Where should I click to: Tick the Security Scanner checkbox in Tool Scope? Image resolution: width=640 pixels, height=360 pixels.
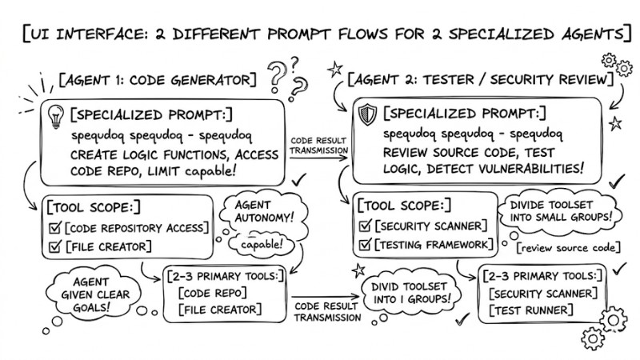click(368, 226)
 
